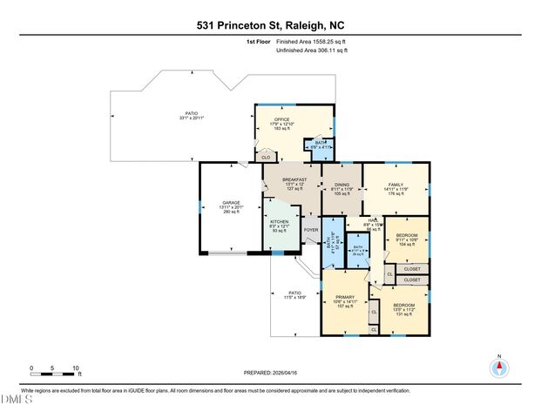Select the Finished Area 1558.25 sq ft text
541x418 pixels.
click(x=310, y=41)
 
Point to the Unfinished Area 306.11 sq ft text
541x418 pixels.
click(x=312, y=51)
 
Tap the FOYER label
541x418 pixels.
click(x=310, y=231)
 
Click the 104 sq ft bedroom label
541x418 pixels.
click(x=407, y=239)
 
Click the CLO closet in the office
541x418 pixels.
click(x=264, y=158)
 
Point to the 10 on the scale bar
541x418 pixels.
click(x=76, y=367)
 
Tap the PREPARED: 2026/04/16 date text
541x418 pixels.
click(x=269, y=372)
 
